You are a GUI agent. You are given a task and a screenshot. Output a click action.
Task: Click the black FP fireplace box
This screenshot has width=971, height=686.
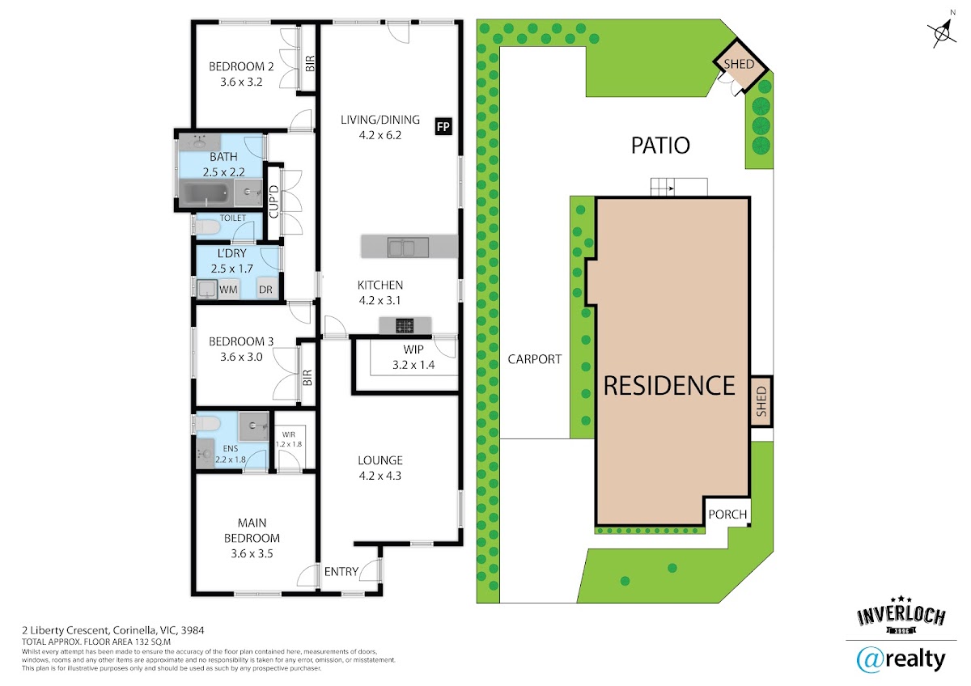click(443, 126)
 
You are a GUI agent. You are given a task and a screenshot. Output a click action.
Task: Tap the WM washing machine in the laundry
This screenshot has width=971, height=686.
click(228, 289)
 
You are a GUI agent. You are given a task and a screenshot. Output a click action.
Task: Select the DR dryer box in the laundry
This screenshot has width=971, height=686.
click(265, 289)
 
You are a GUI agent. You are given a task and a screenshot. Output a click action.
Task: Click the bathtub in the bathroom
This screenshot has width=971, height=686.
click(206, 194)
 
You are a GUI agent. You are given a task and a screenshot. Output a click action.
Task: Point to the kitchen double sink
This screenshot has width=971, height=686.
click(408, 248)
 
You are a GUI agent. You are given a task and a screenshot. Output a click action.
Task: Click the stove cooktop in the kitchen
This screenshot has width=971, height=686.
click(404, 325)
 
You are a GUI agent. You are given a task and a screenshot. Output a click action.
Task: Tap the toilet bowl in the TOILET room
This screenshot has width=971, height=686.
click(207, 227)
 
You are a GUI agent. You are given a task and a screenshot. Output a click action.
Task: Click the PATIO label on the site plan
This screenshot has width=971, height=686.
click(660, 146)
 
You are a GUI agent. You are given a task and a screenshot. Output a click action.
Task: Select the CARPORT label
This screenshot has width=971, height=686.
click(535, 359)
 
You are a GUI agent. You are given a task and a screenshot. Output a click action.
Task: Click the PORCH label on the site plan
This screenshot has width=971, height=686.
click(727, 514)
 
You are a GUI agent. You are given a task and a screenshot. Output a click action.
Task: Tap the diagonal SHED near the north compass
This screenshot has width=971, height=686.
click(740, 66)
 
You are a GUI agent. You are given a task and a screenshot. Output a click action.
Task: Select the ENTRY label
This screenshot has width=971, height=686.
click(341, 572)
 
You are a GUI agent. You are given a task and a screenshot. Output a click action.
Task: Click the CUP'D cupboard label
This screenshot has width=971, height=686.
click(274, 201)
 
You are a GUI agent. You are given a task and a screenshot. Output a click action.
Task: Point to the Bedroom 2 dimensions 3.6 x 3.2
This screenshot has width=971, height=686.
click(241, 82)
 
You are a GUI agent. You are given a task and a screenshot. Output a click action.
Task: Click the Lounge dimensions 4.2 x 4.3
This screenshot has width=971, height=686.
click(379, 476)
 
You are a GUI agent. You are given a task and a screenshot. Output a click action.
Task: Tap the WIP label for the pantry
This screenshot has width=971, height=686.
click(413, 349)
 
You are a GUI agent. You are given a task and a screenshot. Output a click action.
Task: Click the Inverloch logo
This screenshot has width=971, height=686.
click(901, 616)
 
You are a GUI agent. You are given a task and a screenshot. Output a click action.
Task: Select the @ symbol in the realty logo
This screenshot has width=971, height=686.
click(870, 660)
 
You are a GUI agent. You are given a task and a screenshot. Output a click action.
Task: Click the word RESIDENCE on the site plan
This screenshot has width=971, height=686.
click(669, 385)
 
